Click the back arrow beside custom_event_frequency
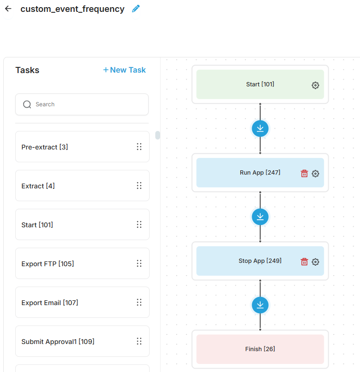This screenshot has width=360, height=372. point(9,9)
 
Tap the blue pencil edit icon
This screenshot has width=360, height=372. point(136,9)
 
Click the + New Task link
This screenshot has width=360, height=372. point(124,70)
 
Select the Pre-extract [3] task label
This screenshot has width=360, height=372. point(45,147)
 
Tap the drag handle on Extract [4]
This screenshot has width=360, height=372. point(139,186)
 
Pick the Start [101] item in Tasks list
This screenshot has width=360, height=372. point(37,225)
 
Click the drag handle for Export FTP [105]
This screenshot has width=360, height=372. point(139,263)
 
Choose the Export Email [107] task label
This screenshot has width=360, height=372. point(50,303)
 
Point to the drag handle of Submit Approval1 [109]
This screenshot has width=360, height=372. point(139,341)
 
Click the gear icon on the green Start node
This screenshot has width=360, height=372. point(315,85)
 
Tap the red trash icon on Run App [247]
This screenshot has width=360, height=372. point(304,174)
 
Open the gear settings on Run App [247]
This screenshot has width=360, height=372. point(315,174)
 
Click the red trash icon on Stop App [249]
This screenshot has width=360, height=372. point(304,262)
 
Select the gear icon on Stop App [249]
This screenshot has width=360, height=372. point(315,262)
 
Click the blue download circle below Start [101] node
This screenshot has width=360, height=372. point(260,129)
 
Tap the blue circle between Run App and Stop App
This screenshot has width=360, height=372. point(260,217)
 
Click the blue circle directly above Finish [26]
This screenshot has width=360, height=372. point(260,305)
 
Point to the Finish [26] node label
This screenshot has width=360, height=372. point(260,349)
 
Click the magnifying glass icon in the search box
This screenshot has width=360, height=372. point(27,104)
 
